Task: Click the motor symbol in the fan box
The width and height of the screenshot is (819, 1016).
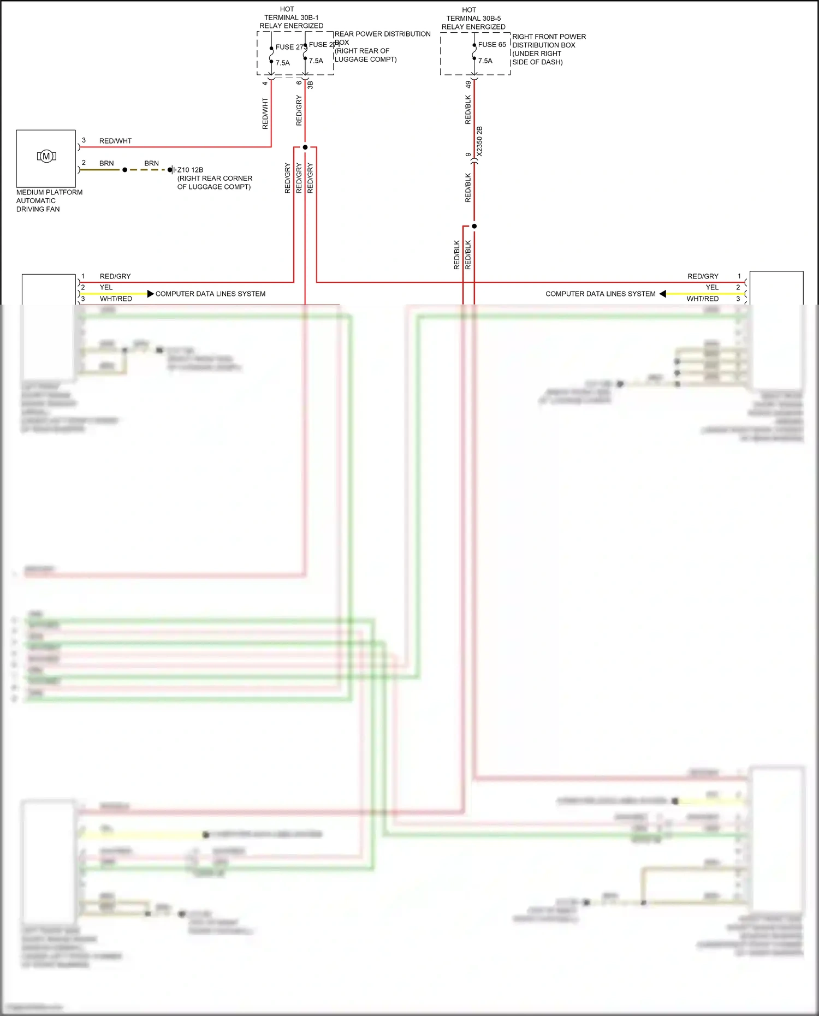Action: [x=46, y=156]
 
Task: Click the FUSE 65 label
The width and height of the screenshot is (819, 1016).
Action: [x=492, y=45]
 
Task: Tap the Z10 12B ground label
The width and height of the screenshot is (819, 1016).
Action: [x=190, y=170]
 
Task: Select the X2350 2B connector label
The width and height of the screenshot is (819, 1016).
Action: [x=479, y=142]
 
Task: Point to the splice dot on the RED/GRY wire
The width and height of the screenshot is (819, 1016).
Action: [x=305, y=147]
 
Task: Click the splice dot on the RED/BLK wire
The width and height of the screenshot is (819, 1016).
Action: [x=474, y=226]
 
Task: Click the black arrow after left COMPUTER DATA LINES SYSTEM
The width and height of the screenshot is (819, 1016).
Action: [x=151, y=294]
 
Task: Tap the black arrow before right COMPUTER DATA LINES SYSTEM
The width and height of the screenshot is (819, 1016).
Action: [x=662, y=294]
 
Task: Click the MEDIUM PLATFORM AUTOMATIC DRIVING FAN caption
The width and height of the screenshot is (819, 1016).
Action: [x=49, y=200]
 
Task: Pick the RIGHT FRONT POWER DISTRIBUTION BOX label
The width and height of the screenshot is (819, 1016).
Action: [x=548, y=49]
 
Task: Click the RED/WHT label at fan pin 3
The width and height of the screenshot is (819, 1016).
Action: [x=115, y=141]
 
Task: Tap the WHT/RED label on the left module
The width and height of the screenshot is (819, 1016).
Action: [x=116, y=299]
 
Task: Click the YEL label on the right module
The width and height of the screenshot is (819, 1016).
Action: [x=712, y=287]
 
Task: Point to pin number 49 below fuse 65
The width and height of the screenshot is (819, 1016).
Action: [x=468, y=85]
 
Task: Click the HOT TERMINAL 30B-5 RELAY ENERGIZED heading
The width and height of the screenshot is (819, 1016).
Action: [x=473, y=18]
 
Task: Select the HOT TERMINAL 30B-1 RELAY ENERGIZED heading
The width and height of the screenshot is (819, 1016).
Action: [x=291, y=17]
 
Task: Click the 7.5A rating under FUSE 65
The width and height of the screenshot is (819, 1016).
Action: [x=485, y=61]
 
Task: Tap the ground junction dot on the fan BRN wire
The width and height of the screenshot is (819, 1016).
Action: [x=124, y=170]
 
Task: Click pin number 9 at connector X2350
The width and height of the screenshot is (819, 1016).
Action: [x=468, y=155]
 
